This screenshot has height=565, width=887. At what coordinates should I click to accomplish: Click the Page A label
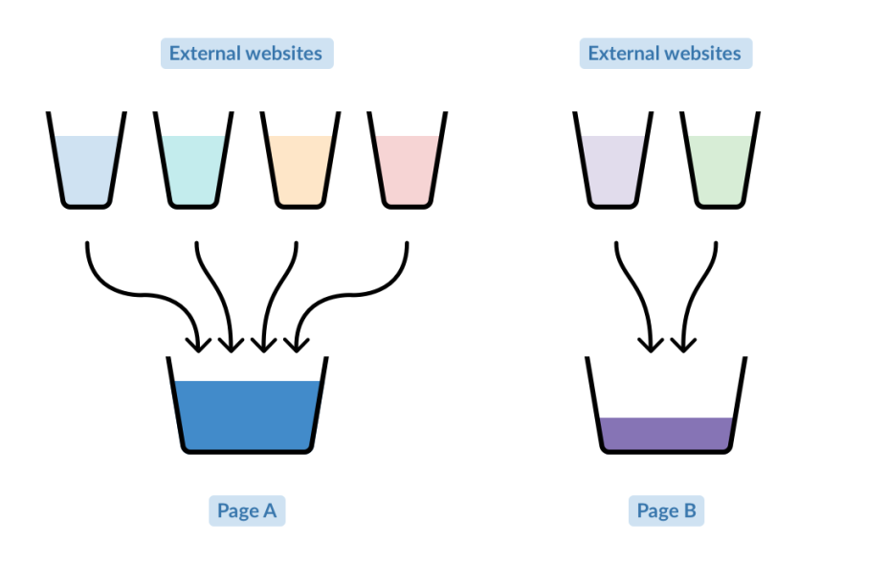pyautogui.click(x=247, y=510)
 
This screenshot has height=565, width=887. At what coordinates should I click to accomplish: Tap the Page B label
pyautogui.click(x=666, y=510)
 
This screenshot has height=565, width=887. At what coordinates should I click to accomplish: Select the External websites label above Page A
pyautogui.click(x=247, y=54)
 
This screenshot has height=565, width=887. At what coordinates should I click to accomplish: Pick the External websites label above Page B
pyautogui.click(x=666, y=54)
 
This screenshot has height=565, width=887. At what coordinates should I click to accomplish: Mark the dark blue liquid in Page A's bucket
pyautogui.click(x=247, y=416)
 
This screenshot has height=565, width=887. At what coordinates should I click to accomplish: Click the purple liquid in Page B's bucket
pyautogui.click(x=666, y=434)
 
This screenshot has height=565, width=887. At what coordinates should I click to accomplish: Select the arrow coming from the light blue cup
pyautogui.click(x=142, y=294)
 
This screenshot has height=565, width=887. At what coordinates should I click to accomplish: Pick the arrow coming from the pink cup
pyautogui.click(x=351, y=294)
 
